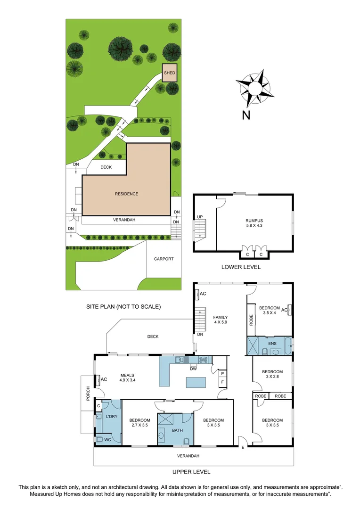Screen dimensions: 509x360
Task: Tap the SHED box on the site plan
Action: pyautogui.click(x=170, y=73)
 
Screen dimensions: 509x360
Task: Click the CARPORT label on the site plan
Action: pyautogui.click(x=164, y=259)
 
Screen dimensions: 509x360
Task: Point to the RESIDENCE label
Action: pyautogui.click(x=127, y=194)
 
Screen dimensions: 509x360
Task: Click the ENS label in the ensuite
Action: pyautogui.click(x=272, y=344)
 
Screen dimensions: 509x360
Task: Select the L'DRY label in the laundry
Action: pyautogui.click(x=111, y=417)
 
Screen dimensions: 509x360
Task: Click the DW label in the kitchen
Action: pyautogui.click(x=193, y=369)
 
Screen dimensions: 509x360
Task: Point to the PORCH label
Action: pyautogui.click(x=88, y=397)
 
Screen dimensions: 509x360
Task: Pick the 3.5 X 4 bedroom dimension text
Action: pyautogui.click(x=270, y=313)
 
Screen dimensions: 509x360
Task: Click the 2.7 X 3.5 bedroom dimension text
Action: pyautogui.click(x=140, y=426)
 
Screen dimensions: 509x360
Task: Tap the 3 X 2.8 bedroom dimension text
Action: pyautogui.click(x=272, y=377)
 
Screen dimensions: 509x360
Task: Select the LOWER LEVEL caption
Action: pyautogui.click(x=241, y=267)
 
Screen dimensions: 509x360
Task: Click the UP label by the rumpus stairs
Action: pyautogui.click(x=199, y=217)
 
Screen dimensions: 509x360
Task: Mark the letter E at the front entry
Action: pyautogui.click(x=243, y=446)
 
